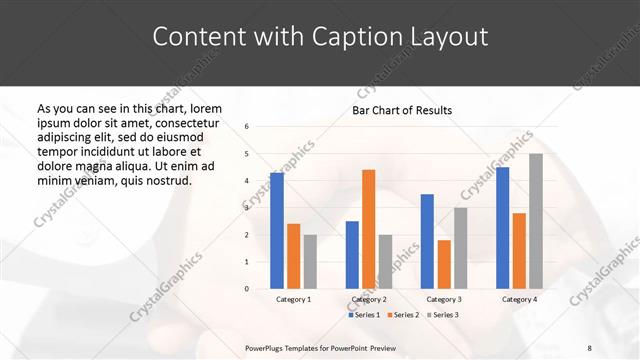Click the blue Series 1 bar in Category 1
pos(277,231)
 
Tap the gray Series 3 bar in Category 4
pos(536,221)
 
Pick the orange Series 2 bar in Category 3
pos(444,264)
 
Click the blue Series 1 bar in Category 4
pos(503,228)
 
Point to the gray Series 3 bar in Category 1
pos(309,262)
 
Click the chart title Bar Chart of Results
pos(402,110)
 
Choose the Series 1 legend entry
pos(364,315)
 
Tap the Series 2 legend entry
pos(402,315)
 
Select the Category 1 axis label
pos(293,299)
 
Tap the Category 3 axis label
pos(444,299)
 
